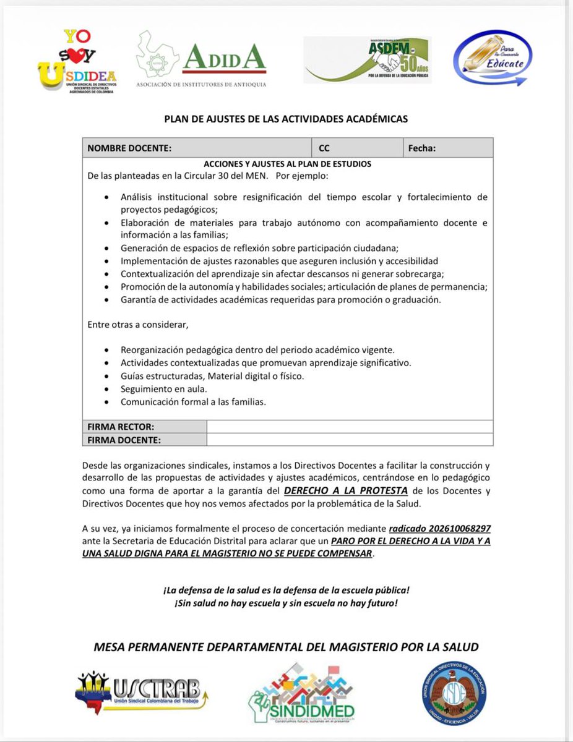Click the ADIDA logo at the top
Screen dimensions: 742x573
click(202, 59)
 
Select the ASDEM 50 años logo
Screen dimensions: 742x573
click(368, 60)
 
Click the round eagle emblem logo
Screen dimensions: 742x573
click(454, 692)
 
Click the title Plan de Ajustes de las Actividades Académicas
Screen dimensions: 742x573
click(286, 119)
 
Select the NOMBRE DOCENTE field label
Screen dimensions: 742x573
click(129, 148)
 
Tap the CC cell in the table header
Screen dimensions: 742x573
click(324, 148)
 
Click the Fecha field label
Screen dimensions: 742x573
click(422, 148)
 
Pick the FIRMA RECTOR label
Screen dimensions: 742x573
click(121, 427)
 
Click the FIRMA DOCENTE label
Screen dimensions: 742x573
click(124, 440)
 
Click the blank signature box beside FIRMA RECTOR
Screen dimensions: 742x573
click(350, 427)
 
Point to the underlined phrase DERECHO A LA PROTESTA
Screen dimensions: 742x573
click(345, 491)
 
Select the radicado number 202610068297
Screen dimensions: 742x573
click(440, 529)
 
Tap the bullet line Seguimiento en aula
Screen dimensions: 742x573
click(163, 389)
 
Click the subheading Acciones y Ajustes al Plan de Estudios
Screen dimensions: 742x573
click(287, 164)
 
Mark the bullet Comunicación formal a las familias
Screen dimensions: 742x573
click(193, 402)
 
